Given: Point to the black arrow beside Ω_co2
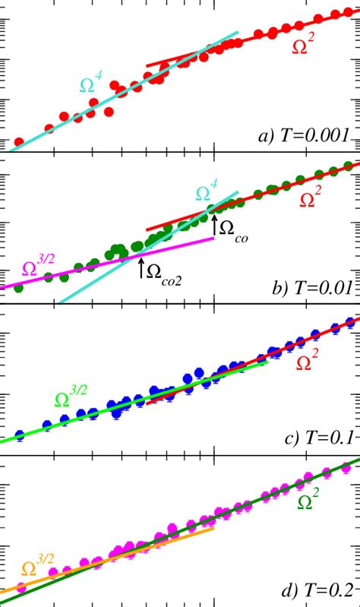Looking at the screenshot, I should [x=141, y=267].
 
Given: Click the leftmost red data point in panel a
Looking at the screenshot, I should [x=19, y=142].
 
